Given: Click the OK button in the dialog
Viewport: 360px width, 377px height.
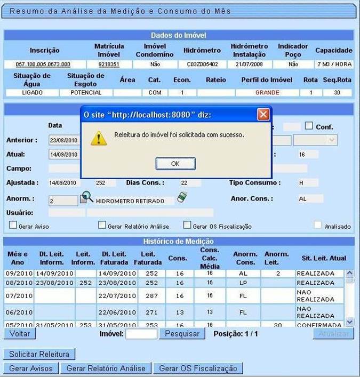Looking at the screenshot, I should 175,163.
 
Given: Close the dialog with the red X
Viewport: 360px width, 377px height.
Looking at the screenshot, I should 263,114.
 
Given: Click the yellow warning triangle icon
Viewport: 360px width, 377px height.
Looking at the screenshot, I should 98,138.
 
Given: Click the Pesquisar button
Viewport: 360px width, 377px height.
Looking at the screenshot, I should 182,334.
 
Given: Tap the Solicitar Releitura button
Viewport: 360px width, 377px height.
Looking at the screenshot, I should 39,354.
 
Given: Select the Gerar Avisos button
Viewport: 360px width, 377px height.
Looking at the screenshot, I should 31,368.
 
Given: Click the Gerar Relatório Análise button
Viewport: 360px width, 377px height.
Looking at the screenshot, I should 106,368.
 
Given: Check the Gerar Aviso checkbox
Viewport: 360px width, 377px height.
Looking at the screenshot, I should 13,226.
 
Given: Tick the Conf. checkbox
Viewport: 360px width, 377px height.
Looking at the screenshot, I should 309,126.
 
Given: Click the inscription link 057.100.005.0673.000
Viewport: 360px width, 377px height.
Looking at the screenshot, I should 43,65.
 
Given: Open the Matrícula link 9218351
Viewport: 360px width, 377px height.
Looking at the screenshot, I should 109,65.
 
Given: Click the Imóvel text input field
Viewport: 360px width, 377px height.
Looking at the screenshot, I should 141,334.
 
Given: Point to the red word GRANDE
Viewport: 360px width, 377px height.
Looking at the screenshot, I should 267,92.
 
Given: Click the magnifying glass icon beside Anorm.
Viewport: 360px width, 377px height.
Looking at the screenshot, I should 86,198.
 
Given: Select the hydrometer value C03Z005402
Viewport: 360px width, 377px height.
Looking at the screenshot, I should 202,65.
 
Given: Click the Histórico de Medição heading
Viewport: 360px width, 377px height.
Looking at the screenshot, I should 179,242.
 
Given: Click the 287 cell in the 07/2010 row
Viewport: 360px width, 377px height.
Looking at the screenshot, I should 152,295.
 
